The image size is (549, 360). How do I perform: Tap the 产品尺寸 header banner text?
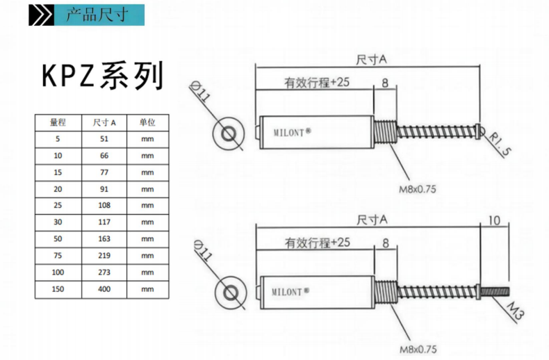point(97,15)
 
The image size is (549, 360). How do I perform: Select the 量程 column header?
point(57,122)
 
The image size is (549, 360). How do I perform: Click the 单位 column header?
point(147,122)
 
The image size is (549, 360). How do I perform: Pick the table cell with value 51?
point(104,139)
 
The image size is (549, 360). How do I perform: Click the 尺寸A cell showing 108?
point(104,205)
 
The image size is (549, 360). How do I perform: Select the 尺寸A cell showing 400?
point(104,288)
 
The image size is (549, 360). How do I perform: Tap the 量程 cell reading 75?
point(57,255)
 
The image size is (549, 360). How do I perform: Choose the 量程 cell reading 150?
point(57,288)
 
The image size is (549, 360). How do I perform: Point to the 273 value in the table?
point(104,272)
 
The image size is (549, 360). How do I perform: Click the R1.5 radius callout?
point(498,144)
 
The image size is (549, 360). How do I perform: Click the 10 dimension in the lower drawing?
point(494,221)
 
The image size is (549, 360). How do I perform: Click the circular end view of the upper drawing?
point(227,133)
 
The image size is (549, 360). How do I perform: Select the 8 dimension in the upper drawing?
point(384,83)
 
